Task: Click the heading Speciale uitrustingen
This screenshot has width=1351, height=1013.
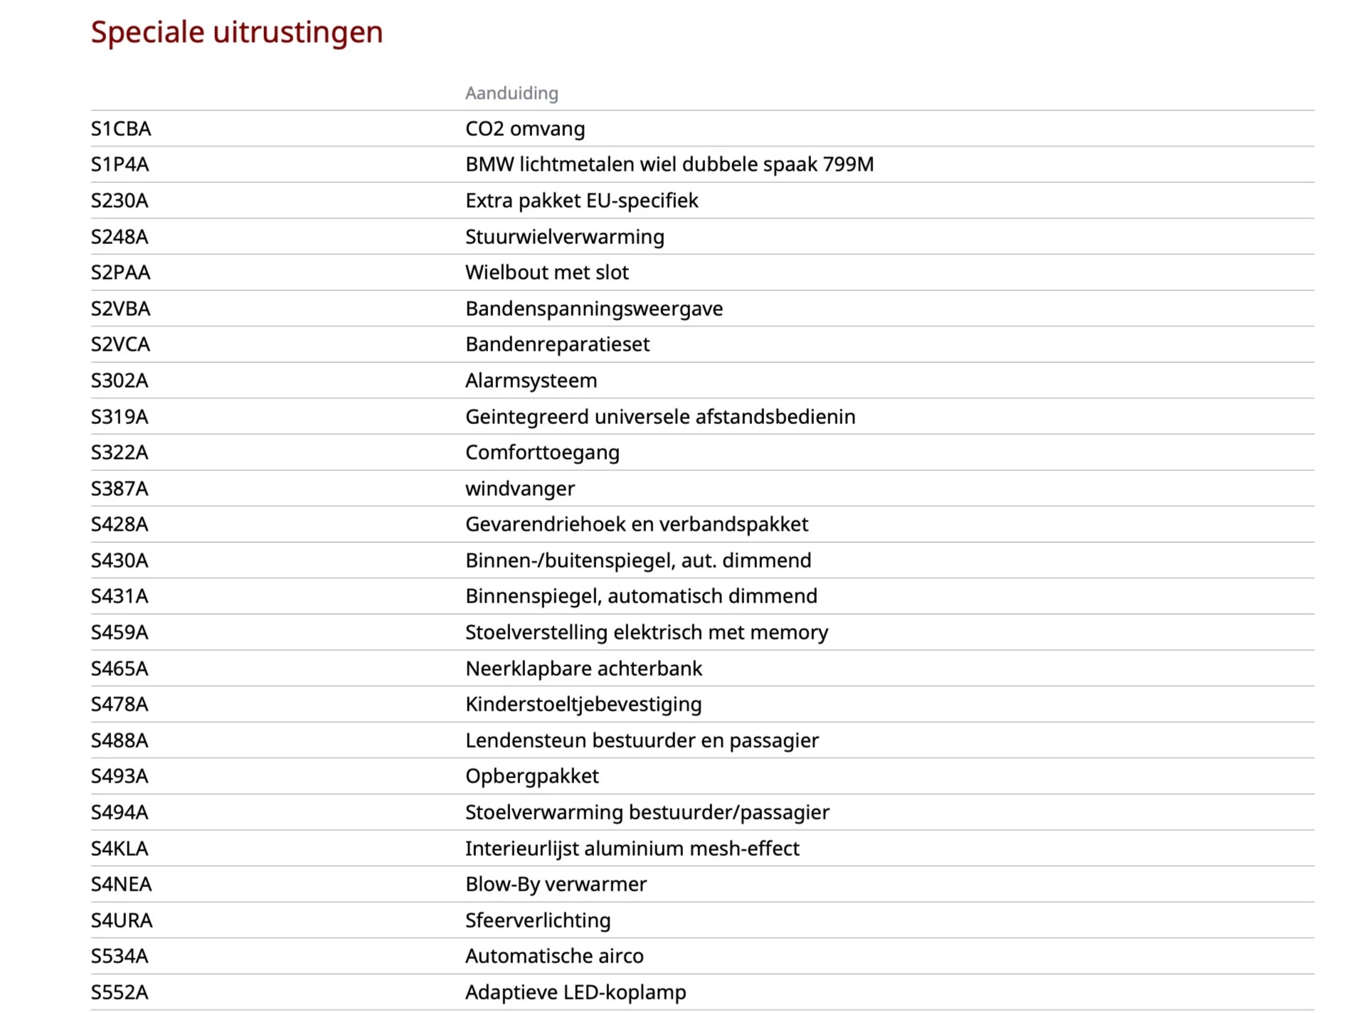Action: pos(237,32)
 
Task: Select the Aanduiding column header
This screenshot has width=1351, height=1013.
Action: pos(512,93)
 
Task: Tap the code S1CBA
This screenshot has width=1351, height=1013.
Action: pos(121,129)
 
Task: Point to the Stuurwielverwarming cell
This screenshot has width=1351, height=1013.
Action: pos(564,237)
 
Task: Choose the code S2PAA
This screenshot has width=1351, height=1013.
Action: pos(120,272)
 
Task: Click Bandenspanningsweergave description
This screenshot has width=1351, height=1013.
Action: pos(593,309)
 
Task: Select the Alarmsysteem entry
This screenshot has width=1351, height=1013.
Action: pos(531,381)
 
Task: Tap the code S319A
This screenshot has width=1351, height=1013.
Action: pos(120,417)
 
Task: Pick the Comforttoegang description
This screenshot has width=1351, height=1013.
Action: pos(542,452)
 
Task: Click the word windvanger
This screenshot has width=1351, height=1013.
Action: pos(519,489)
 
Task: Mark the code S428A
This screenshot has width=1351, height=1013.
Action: pos(120,524)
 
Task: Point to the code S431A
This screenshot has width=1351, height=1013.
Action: pos(120,596)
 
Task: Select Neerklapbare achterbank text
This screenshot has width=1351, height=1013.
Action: pos(583,669)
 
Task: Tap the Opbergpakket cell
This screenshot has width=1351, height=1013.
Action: pos(531,776)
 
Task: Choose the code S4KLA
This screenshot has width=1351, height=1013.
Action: pos(120,849)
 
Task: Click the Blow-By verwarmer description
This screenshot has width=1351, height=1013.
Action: pos(556,884)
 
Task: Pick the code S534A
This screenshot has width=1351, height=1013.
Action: pos(120,956)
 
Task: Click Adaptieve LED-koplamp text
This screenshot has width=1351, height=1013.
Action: pos(576,992)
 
